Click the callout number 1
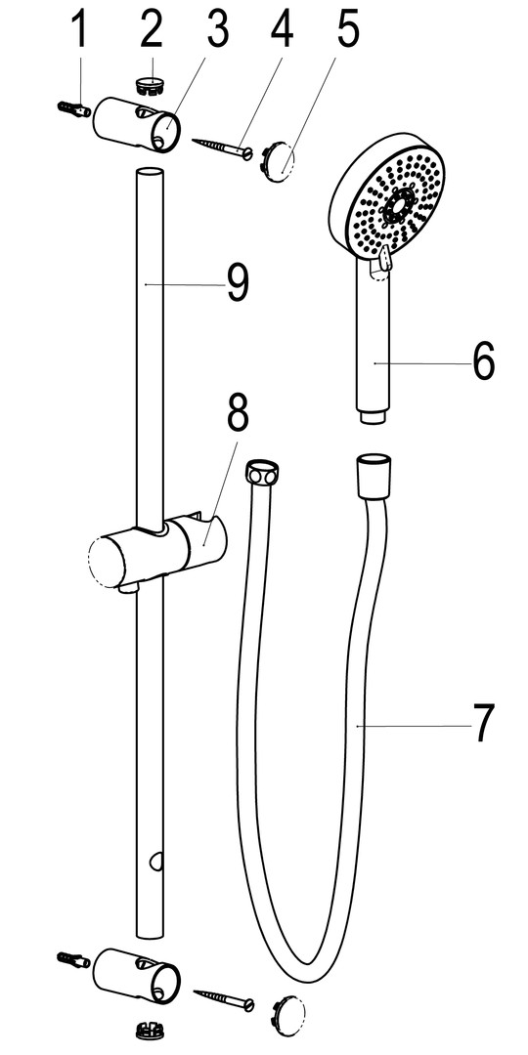click(x=80, y=29)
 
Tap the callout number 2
click(x=152, y=29)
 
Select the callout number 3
click(x=217, y=29)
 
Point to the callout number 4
click(x=283, y=29)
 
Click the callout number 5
click(x=347, y=29)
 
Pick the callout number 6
click(x=483, y=361)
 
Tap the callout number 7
click(x=483, y=723)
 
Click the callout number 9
click(x=237, y=283)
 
